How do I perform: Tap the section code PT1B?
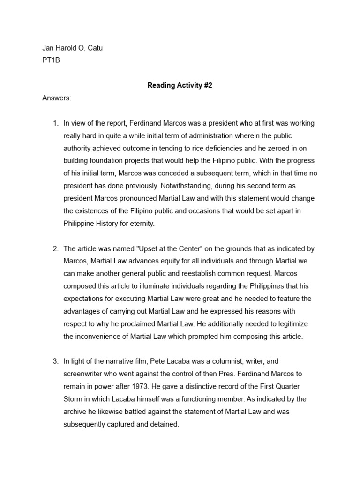click(51, 60)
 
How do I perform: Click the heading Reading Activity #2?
click(180, 85)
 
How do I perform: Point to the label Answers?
click(57, 98)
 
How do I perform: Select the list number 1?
click(55, 123)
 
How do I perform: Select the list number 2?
click(55, 248)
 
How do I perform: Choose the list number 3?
click(55, 361)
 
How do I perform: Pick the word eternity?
click(139, 224)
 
